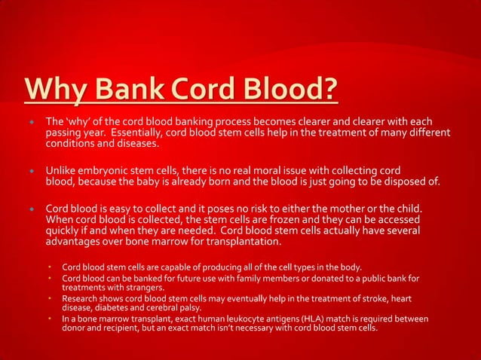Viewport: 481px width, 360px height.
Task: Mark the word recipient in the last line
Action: click(123, 329)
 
